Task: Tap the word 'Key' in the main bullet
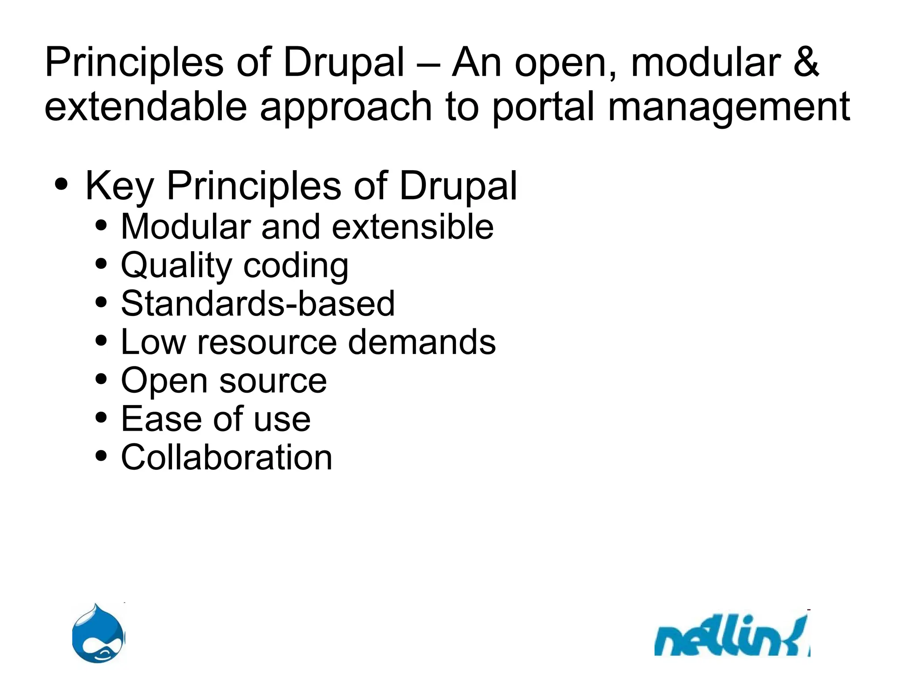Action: (119, 186)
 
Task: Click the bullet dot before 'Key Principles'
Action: (62, 185)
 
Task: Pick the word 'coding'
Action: (296, 266)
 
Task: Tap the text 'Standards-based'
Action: (257, 304)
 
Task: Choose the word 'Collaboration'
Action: (227, 457)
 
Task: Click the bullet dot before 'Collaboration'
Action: (101, 456)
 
